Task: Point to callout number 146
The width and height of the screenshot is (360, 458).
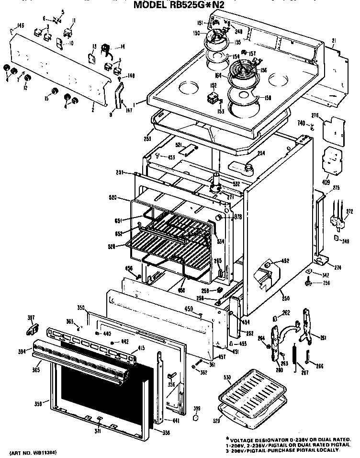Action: point(21,25)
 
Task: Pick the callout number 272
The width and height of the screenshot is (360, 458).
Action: point(349,211)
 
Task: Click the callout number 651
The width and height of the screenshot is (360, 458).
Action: point(119,220)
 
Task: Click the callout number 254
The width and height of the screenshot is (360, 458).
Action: point(261,153)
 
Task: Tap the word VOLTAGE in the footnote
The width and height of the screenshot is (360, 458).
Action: point(245,440)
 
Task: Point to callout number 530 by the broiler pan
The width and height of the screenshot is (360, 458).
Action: point(227,378)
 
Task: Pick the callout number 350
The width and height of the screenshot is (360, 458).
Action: point(80,308)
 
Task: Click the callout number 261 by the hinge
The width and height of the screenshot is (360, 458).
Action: point(323,338)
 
